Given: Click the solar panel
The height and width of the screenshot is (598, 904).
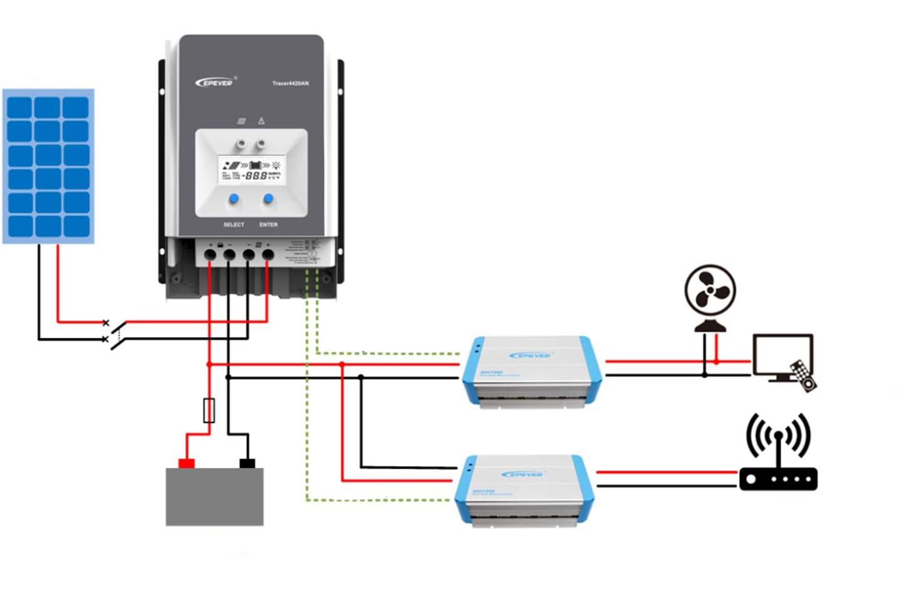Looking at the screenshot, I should [x=48, y=166].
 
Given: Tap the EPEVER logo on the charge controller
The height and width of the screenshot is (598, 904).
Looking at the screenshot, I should [x=214, y=83].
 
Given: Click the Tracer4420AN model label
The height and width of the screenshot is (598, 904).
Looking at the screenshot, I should [x=290, y=83].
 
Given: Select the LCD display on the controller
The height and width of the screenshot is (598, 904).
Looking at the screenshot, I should [x=251, y=170].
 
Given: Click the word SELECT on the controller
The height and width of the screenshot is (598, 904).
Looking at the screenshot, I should [x=233, y=225].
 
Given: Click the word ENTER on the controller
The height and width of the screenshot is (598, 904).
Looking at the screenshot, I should [x=268, y=225].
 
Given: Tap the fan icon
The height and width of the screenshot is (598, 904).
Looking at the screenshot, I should [x=710, y=294].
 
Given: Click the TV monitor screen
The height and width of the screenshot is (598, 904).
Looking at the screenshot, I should [x=782, y=355].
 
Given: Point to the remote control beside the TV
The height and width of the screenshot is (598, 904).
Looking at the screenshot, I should [x=803, y=376].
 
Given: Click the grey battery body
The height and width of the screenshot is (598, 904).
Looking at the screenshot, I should [x=214, y=497].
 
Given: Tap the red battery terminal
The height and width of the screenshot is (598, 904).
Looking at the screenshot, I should [x=186, y=463].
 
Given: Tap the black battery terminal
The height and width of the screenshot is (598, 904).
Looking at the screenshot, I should [x=247, y=463].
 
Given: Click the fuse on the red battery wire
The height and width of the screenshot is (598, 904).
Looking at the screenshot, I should [x=210, y=410].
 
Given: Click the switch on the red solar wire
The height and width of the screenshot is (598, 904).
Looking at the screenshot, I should [x=115, y=323].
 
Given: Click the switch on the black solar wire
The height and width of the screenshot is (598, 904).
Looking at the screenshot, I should [x=115, y=340].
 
